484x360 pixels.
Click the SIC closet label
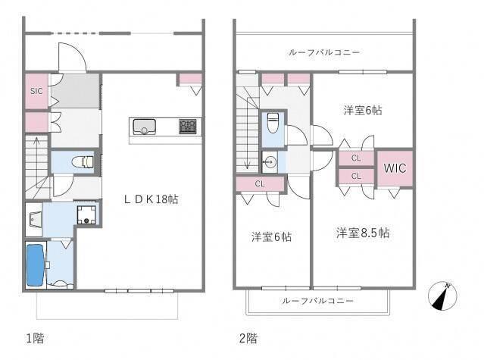[36, 91]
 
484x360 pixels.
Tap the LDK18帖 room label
[151, 199]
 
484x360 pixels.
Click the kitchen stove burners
[188, 126]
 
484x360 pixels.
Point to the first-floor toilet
[86, 161]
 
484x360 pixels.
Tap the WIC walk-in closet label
[394, 167]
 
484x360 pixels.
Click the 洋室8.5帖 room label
[363, 233]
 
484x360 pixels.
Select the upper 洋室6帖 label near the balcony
[362, 111]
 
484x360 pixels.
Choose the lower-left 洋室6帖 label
[271, 237]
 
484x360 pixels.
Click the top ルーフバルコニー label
[323, 52]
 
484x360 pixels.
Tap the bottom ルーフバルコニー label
[317, 301]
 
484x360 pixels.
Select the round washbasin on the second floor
[270, 161]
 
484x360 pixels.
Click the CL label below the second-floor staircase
[258, 183]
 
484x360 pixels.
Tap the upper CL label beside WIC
[355, 158]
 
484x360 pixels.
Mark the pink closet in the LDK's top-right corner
[189, 79]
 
